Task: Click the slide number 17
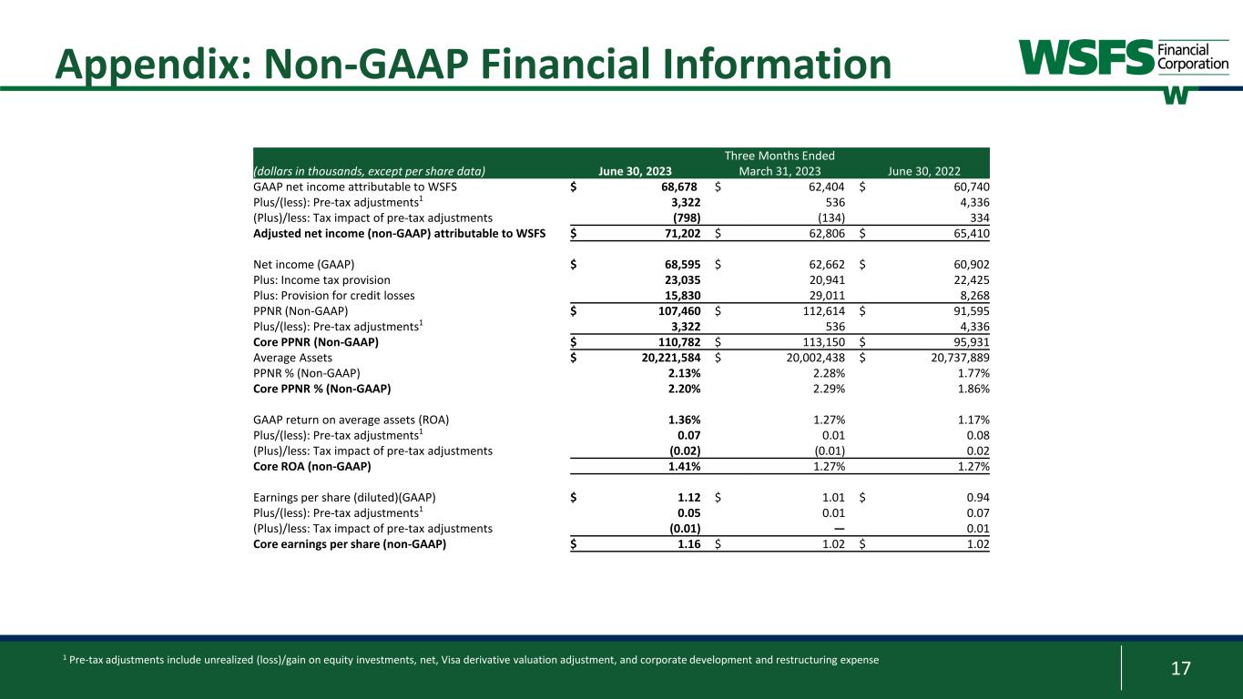(x=1180, y=669)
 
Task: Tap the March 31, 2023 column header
(x=779, y=171)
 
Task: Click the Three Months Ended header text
(x=779, y=156)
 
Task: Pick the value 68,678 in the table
(x=676, y=187)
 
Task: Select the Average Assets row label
(x=292, y=358)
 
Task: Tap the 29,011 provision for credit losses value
(x=826, y=296)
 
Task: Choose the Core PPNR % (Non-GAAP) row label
(x=321, y=389)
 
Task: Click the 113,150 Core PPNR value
(x=822, y=342)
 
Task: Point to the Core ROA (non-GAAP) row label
(x=312, y=467)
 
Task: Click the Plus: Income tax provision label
(x=321, y=280)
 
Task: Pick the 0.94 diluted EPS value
(x=977, y=498)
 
